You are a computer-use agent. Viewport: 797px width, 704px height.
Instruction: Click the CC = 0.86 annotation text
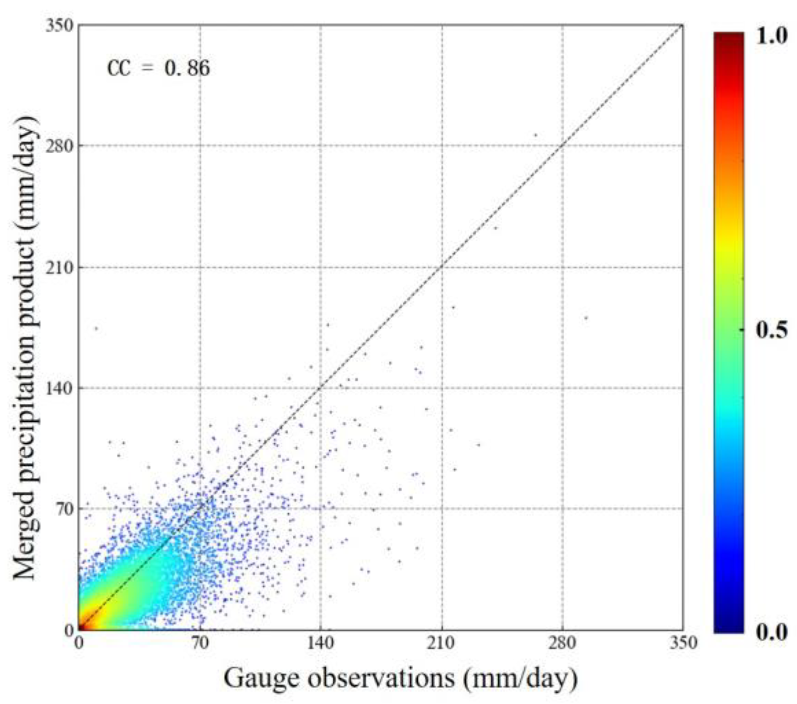point(158,69)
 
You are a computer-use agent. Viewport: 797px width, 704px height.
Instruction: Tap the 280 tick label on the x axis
point(562,643)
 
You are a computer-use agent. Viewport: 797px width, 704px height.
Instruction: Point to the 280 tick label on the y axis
point(59,146)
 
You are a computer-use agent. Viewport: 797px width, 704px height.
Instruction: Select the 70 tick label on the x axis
point(200,643)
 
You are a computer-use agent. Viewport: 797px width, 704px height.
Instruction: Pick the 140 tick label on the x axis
point(320,643)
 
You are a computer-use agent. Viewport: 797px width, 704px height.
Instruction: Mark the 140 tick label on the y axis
point(59,388)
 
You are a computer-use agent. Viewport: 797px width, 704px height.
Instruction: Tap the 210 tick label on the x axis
point(442,643)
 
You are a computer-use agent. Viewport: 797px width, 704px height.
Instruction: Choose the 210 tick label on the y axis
point(59,267)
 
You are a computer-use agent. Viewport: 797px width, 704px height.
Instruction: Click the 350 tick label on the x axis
point(683,643)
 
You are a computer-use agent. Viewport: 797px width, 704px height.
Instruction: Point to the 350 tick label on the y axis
point(59,25)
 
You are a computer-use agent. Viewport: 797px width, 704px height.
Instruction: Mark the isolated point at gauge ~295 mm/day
point(586,318)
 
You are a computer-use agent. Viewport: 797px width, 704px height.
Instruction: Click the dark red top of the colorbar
point(729,37)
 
